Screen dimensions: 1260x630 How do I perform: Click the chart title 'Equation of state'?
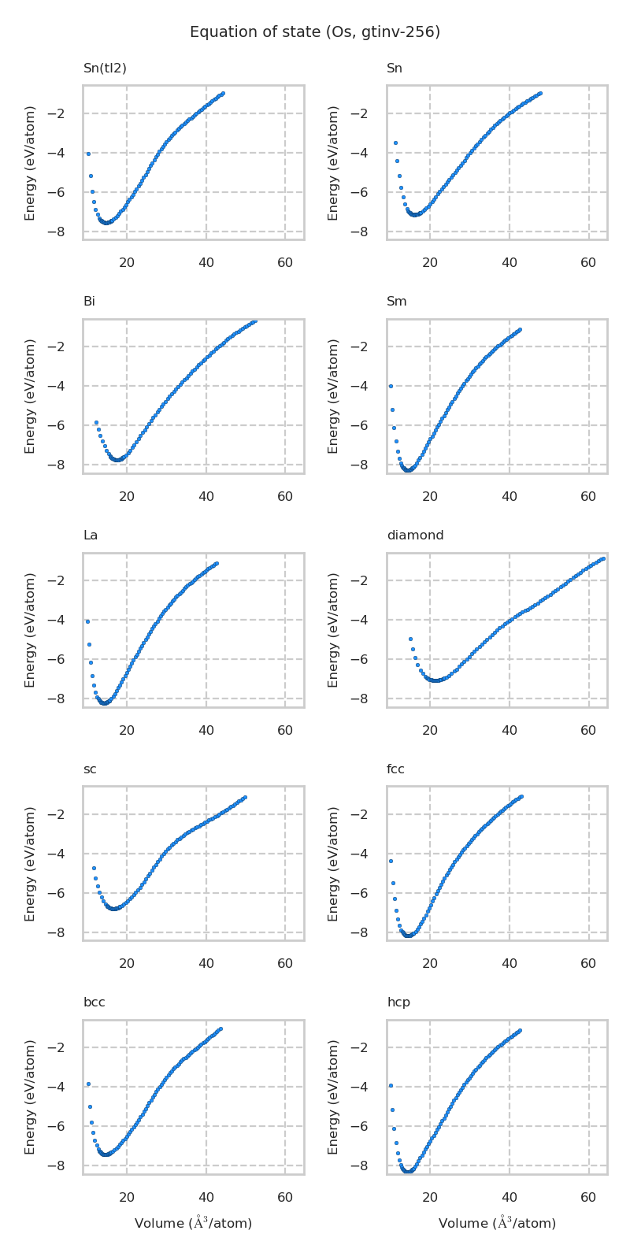point(315,32)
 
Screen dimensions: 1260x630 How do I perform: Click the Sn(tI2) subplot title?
point(105,69)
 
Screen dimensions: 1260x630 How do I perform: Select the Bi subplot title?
point(89,302)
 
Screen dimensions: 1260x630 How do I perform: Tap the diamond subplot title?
point(415,535)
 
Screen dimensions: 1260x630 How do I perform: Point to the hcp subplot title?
point(398,1002)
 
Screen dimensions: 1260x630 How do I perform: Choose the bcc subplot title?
point(94,1002)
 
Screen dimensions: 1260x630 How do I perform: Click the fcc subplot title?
point(395,769)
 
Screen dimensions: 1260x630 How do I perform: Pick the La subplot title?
point(91,535)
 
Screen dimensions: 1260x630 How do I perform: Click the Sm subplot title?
point(396,302)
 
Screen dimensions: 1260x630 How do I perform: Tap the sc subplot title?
point(90,769)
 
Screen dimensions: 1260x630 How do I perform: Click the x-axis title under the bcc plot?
point(193,1223)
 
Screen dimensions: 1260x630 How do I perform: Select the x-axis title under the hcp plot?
point(497,1223)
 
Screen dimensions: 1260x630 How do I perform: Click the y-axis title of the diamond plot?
point(334,630)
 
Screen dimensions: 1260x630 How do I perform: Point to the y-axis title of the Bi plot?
point(31,396)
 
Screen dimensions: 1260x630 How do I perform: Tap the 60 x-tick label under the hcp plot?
point(588,1198)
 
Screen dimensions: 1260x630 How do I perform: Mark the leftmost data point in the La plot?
point(87,621)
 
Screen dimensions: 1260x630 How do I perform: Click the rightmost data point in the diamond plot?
point(602,558)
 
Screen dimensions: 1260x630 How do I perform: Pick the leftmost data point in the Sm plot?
point(391,386)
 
